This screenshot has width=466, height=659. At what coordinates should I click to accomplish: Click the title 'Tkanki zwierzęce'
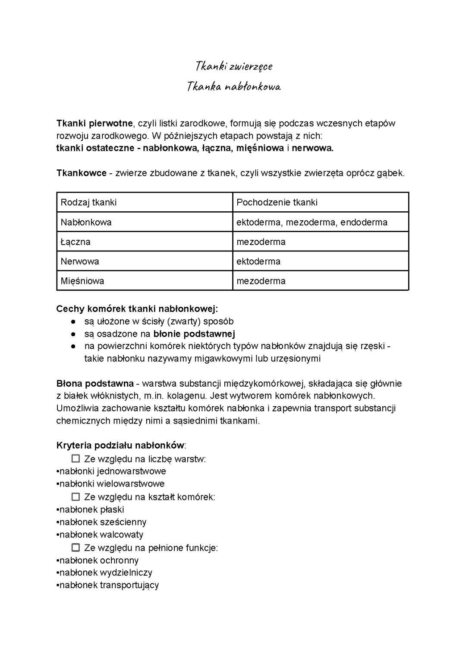coord(233,66)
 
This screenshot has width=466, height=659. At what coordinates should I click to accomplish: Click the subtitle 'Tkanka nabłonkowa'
coord(233,87)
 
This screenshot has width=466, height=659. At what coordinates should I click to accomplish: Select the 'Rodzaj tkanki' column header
coord(88,202)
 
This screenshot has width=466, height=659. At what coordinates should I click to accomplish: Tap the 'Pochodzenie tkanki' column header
coord(277,202)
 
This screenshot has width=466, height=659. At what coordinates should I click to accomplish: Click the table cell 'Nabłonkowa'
coord(86,222)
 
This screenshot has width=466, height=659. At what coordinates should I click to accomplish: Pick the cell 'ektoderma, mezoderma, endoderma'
coord(312,222)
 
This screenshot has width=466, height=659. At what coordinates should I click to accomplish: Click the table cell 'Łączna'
coord(76,242)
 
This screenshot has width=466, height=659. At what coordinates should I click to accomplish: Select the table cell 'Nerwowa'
coord(80,261)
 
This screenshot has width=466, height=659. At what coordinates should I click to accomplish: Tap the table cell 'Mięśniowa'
coord(82,281)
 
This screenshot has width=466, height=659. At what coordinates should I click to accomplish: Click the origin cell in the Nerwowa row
coord(258,261)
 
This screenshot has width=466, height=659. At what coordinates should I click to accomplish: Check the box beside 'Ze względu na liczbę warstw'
coord(76,458)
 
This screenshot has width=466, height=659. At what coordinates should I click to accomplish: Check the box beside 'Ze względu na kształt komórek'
coord(76,497)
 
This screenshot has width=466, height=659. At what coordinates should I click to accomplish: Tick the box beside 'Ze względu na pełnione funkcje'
coord(76,548)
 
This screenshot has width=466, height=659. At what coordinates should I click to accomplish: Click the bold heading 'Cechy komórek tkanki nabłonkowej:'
coord(137,309)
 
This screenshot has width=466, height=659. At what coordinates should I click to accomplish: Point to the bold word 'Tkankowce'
coord(81,173)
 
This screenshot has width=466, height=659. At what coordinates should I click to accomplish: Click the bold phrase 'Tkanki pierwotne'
coord(94,123)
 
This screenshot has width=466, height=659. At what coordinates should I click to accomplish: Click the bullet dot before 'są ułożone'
coord(74,322)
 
